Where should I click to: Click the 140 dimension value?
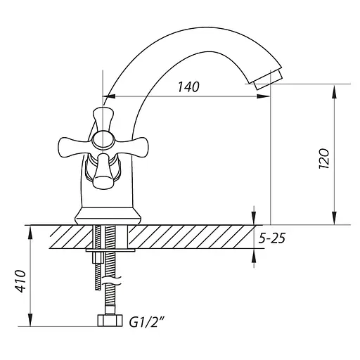[188, 86]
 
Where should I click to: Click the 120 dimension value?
[324, 158]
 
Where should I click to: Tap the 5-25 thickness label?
[272, 238]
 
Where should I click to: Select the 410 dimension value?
[20, 281]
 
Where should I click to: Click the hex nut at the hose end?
[110, 321]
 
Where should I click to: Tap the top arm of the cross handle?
[103, 119]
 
